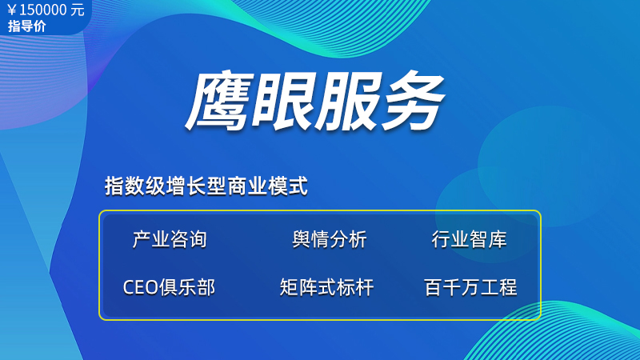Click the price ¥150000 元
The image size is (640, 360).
[46, 10]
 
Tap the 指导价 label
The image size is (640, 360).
[27, 26]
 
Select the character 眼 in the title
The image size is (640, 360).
[283, 102]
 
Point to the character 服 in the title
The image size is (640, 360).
[347, 102]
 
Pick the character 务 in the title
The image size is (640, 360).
[411, 102]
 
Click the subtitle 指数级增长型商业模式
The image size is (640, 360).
[206, 186]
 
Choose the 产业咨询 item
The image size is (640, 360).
[170, 239]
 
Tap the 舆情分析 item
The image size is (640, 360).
[330, 239]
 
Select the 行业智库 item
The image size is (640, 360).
[470, 239]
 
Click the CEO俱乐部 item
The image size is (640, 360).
[169, 287]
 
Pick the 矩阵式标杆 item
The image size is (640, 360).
[326, 287]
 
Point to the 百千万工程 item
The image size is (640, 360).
[470, 287]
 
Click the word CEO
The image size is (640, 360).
[141, 288]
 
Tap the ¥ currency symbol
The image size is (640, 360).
[12, 10]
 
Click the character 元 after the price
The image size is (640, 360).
[78, 10]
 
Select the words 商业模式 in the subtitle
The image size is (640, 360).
[268, 186]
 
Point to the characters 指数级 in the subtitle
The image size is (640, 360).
[134, 186]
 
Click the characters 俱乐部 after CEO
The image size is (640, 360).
[187, 287]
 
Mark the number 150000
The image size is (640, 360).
[43, 10]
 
